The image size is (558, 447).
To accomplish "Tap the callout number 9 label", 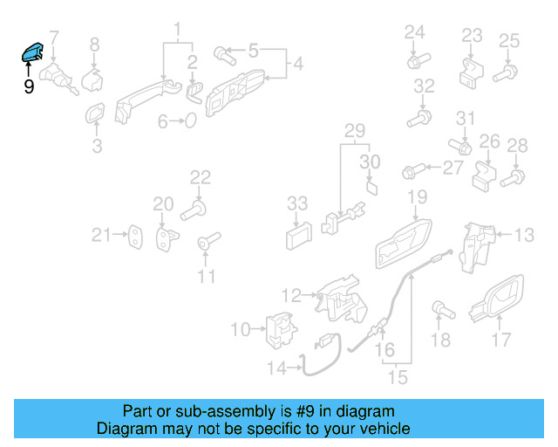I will [29, 87].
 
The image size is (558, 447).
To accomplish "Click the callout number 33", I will [297, 203].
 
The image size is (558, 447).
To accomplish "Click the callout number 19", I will [417, 197].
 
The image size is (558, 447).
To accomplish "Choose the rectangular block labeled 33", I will [298, 236].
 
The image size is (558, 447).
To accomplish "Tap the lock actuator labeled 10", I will [278, 329].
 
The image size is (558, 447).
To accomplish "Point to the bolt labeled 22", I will [194, 210].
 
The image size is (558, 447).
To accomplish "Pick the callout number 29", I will [354, 132].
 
